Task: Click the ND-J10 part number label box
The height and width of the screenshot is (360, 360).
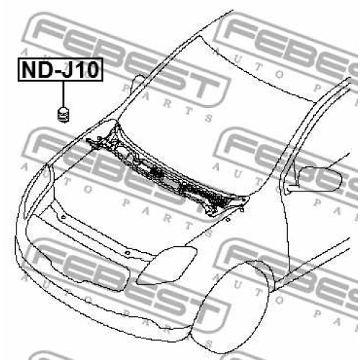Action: click(60, 70)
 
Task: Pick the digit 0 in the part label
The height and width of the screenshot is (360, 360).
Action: click(92, 70)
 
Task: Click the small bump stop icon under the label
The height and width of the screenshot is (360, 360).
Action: click(64, 114)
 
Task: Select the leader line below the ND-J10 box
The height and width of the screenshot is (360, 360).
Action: click(63, 94)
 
